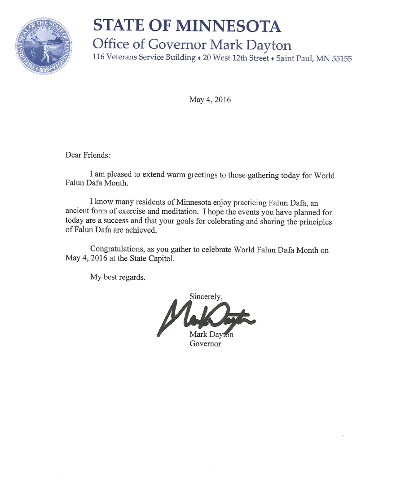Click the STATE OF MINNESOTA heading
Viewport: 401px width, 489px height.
(187, 26)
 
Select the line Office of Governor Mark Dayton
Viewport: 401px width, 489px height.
(192, 45)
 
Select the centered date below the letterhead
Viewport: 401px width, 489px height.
(210, 100)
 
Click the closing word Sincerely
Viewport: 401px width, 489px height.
(206, 296)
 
